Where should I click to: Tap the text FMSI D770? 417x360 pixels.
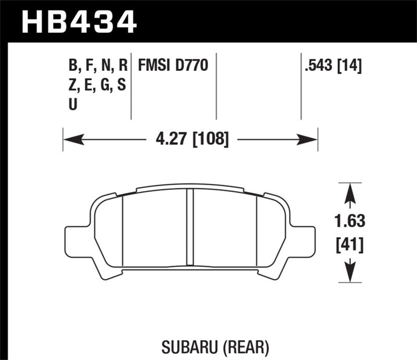pos(173,66)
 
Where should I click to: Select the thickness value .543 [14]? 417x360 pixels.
pos(332,66)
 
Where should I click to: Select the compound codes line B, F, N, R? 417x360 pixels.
pos(97,66)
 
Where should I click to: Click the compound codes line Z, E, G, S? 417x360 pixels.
pos(97,85)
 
